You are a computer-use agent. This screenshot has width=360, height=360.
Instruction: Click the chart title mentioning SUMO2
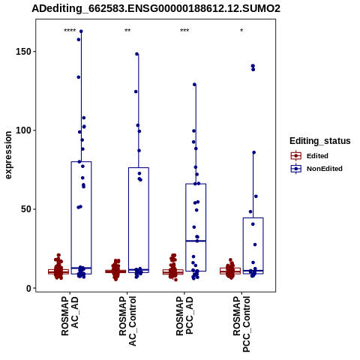pos(156,9)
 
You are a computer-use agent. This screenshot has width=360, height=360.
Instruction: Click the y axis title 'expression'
pos(8,155)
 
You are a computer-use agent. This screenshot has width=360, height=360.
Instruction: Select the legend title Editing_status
pos(320,141)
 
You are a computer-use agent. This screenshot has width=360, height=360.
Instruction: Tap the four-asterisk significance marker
pos(70,31)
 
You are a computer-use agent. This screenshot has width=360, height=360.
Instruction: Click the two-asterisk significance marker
pos(127,31)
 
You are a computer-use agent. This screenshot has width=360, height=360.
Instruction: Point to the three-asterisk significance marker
pos(184,31)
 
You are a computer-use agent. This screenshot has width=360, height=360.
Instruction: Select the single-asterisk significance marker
pos(241,31)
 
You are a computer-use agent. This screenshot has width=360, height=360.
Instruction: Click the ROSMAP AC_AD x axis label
pos(70,316)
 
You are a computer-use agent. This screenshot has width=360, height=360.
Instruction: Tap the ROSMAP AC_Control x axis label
pos(127,321)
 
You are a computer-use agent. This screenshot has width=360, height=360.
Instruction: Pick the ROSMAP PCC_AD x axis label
pos(184,316)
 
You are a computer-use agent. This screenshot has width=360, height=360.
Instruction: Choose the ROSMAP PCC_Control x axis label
pos(241,324)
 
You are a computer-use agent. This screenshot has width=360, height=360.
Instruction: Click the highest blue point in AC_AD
pos(81,31)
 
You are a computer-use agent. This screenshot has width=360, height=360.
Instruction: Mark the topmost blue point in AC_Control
pos(137,54)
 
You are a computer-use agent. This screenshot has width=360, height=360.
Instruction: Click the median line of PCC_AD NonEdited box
pos(196,241)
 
